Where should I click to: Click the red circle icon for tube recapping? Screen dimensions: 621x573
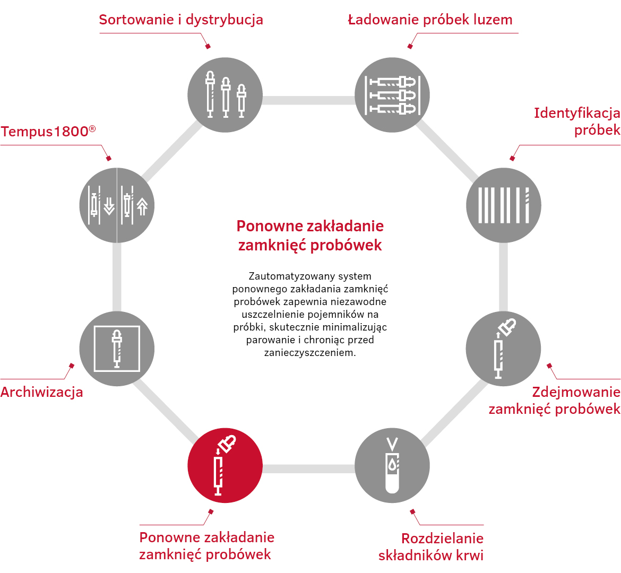point(225,465)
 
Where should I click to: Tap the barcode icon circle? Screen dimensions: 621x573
point(503,205)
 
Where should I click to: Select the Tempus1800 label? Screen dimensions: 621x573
point(48,131)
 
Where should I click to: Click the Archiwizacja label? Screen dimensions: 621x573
point(41,392)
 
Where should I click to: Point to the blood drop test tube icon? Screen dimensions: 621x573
point(392,465)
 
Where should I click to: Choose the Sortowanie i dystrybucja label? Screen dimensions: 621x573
point(181,20)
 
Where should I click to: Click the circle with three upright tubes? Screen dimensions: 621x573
point(225,95)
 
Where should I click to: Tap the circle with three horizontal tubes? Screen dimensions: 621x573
point(392,95)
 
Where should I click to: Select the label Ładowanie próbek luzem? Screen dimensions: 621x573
point(430,20)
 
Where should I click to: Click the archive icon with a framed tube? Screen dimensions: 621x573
point(117,349)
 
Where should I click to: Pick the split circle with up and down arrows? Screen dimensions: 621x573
point(117,205)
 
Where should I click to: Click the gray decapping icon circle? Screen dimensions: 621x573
point(503,349)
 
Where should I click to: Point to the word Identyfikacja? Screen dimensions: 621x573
point(577,113)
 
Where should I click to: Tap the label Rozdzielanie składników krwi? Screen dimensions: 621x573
point(431,547)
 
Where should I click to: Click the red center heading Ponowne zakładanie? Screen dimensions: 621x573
point(310,226)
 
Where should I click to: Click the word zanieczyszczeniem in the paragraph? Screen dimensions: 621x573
point(310,352)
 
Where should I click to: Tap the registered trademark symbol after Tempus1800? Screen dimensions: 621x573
point(92,128)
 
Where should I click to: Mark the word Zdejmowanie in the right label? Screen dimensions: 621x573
point(576,392)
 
